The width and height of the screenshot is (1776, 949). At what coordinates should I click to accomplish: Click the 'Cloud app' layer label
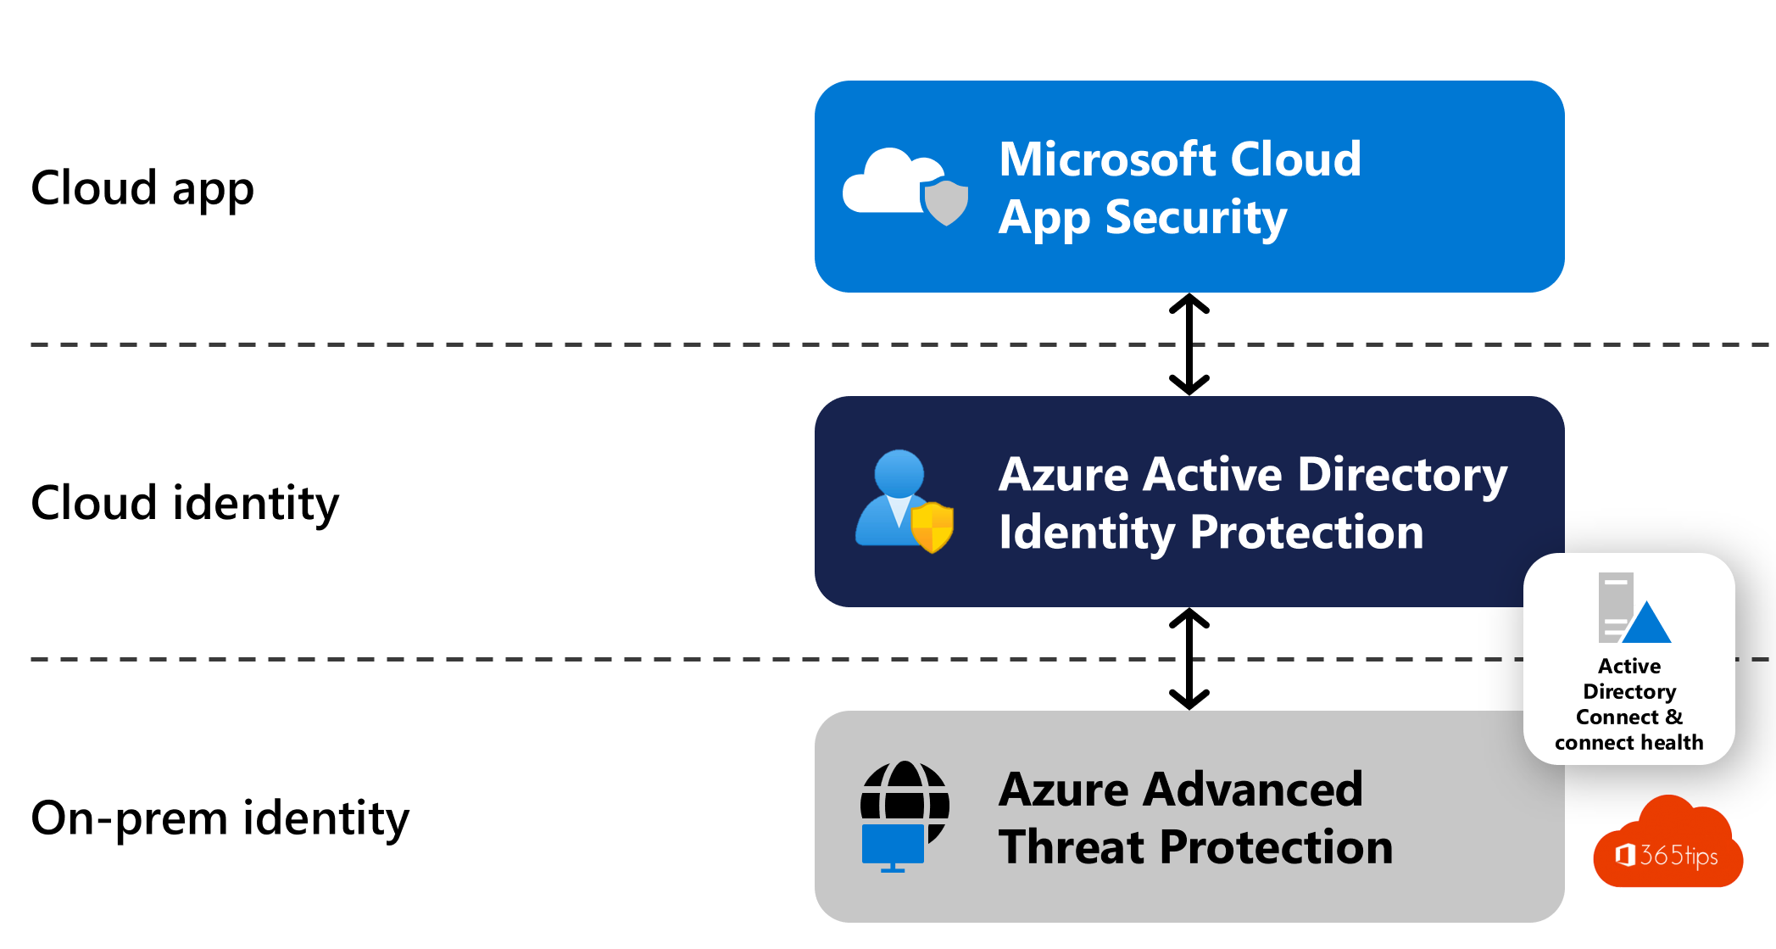click(x=142, y=188)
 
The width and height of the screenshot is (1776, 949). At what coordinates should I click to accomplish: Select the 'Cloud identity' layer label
click(x=185, y=503)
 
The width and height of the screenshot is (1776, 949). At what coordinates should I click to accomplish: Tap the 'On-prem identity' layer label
click(x=220, y=818)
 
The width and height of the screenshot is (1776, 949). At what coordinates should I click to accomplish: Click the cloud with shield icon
click(x=905, y=187)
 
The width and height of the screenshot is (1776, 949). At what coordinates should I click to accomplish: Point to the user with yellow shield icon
click(x=905, y=501)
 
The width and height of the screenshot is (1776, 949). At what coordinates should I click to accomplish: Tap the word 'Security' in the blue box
click(x=1196, y=218)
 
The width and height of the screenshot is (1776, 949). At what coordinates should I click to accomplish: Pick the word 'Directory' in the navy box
click(x=1402, y=474)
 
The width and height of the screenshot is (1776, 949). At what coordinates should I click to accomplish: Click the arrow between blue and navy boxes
click(x=1189, y=344)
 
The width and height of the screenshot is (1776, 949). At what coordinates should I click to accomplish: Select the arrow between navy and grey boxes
click(x=1189, y=659)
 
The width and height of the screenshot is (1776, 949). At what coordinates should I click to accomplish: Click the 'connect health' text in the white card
click(x=1629, y=743)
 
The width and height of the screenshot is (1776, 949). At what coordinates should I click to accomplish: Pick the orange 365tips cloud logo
click(x=1667, y=841)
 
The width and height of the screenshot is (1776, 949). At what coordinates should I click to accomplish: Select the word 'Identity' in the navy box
click(x=1088, y=533)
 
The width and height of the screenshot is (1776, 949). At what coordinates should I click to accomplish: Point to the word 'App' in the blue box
click(x=1045, y=220)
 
